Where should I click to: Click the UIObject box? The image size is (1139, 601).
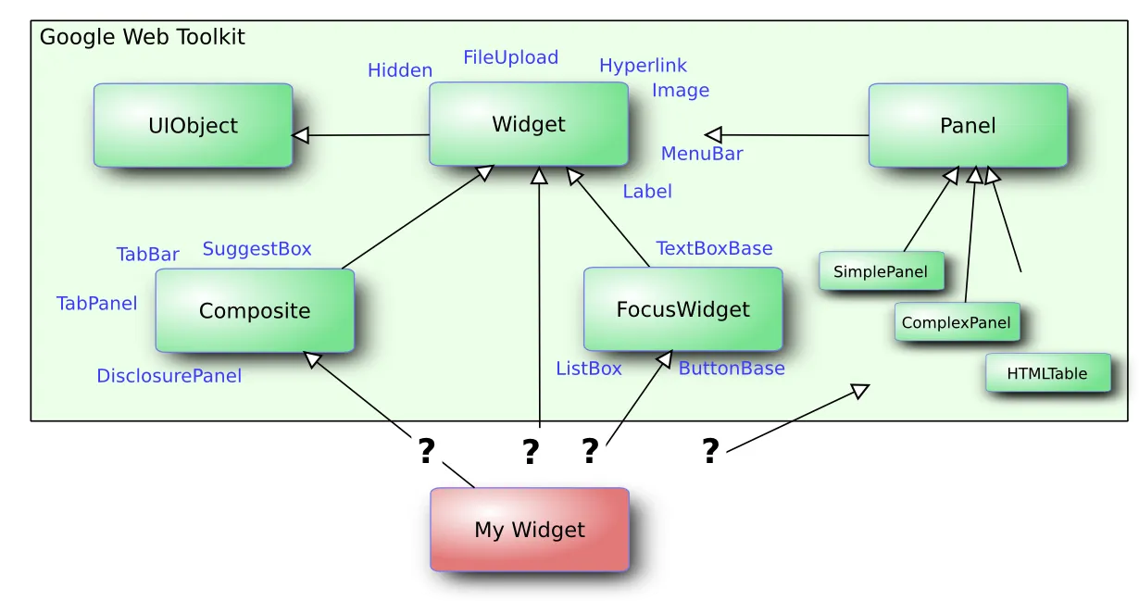click(x=193, y=126)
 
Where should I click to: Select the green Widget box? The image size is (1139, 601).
click(x=528, y=124)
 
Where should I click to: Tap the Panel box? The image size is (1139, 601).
click(x=968, y=126)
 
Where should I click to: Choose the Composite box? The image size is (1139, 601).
click(x=255, y=311)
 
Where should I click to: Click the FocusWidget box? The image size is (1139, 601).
click(x=682, y=309)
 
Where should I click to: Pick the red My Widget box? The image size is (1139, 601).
click(x=530, y=530)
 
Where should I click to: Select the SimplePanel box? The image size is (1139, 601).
click(x=881, y=271)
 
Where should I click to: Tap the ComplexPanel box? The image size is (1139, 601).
click(x=957, y=323)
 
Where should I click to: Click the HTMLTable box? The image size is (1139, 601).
click(x=1047, y=374)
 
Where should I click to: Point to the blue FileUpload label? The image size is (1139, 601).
click(x=510, y=57)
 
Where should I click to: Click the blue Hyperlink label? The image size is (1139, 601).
click(x=643, y=66)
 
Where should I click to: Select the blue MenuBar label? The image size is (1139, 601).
click(x=702, y=154)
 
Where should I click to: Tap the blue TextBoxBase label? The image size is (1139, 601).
click(x=714, y=248)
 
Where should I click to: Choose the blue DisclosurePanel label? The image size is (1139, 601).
click(x=169, y=376)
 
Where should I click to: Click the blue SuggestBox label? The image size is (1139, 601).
click(x=257, y=248)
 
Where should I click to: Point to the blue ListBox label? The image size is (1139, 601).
click(x=589, y=369)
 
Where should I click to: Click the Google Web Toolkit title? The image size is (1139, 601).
click(x=142, y=37)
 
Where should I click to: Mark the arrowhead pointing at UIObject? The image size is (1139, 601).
click(x=300, y=136)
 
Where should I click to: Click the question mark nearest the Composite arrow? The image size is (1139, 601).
click(x=425, y=451)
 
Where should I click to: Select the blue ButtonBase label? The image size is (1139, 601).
click(x=732, y=369)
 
